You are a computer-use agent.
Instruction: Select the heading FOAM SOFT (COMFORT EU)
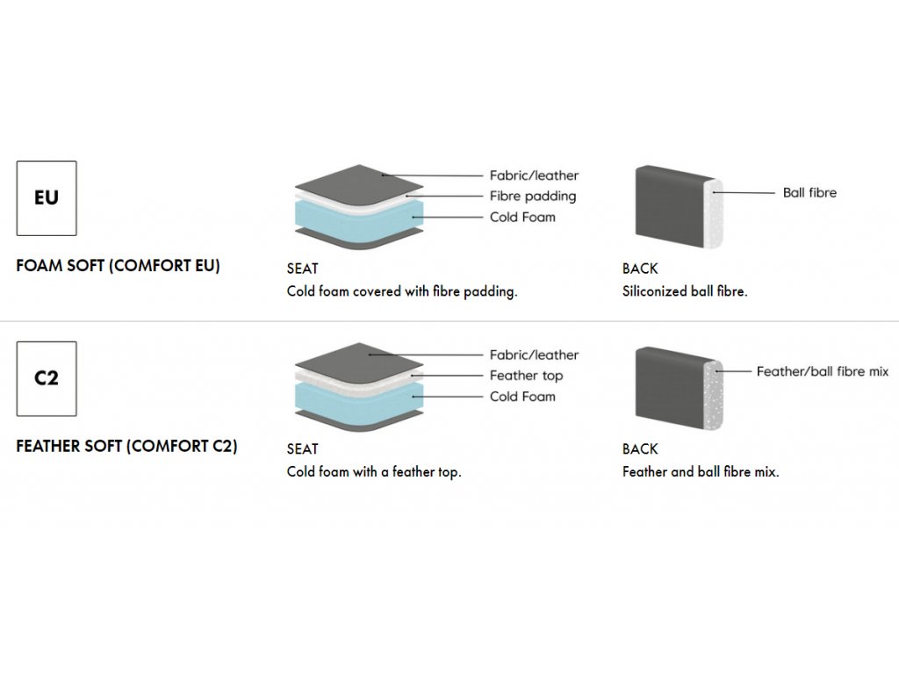tap(119, 266)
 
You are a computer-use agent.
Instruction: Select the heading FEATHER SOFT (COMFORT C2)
tap(126, 446)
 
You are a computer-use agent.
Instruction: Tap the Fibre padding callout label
tap(533, 197)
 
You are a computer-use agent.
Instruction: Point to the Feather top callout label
tap(527, 376)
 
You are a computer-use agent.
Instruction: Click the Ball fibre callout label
tap(809, 192)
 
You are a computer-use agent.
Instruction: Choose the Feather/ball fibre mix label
tap(822, 371)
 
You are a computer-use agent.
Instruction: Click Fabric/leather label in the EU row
tap(534, 176)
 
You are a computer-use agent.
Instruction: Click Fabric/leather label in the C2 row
tap(534, 355)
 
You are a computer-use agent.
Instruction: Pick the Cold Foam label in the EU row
tap(522, 218)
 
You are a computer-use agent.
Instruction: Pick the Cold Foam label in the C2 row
tap(522, 397)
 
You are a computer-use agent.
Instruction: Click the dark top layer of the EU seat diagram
tap(359, 183)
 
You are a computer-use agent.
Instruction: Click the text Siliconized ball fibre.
tap(685, 291)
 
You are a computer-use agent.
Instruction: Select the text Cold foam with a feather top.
tap(374, 471)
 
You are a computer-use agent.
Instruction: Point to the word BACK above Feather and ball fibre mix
tap(640, 449)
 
